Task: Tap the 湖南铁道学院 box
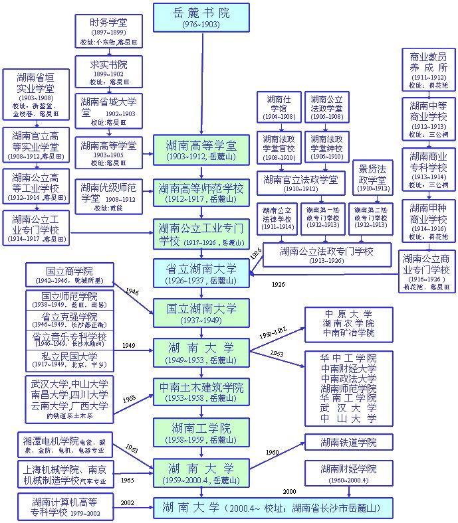348,443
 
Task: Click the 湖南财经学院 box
348,473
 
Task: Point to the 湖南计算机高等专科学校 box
67,506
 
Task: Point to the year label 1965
128,479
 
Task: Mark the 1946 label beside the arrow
132,291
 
